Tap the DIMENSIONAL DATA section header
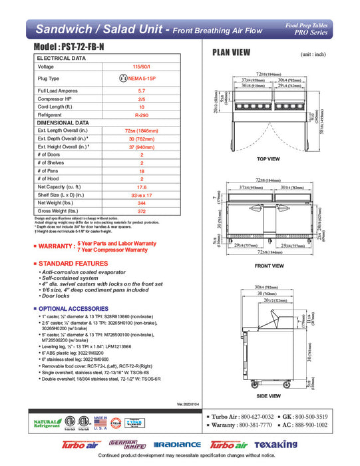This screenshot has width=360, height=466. pos(63,123)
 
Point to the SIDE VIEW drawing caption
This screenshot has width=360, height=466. pos(268,395)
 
